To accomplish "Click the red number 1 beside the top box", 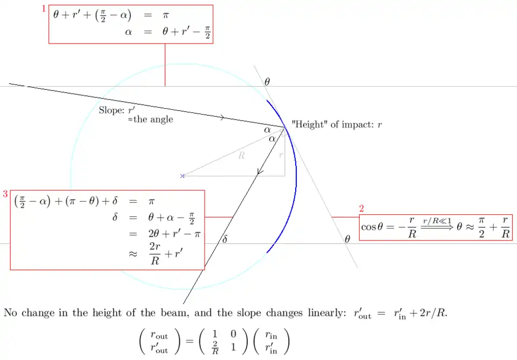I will coord(44,10).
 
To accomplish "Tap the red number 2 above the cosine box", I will coord(362,208).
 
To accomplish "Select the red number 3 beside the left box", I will coord(5,194).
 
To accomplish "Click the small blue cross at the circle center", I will coord(183,176).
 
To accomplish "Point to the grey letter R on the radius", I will coord(242,156).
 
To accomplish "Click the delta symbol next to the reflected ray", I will coord(225,239).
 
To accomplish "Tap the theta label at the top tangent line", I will coord(267,82).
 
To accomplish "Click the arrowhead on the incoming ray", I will coord(222,117).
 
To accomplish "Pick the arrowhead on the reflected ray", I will coord(260,172).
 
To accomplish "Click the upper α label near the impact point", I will coord(267,129).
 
